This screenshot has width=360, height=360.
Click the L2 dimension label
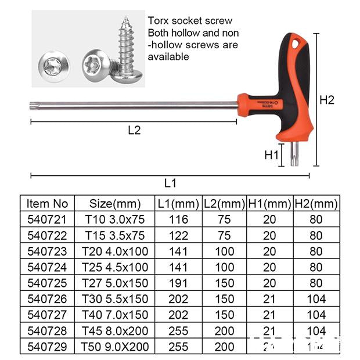134,131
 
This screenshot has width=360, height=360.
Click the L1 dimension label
170,183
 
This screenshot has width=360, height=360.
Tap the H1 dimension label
272,155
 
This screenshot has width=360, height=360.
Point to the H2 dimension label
327,100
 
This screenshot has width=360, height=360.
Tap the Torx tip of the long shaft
33,106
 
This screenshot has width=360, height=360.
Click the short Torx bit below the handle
294,154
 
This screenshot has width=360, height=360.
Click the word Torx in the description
159,21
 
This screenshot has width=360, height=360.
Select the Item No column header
48,204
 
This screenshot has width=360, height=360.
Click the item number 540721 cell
48,219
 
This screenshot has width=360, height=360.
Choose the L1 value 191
178,283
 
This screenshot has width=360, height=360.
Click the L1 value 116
178,219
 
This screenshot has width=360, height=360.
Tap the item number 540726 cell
48,299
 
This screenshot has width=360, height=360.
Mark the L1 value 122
178,236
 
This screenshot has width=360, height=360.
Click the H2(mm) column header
316,204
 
